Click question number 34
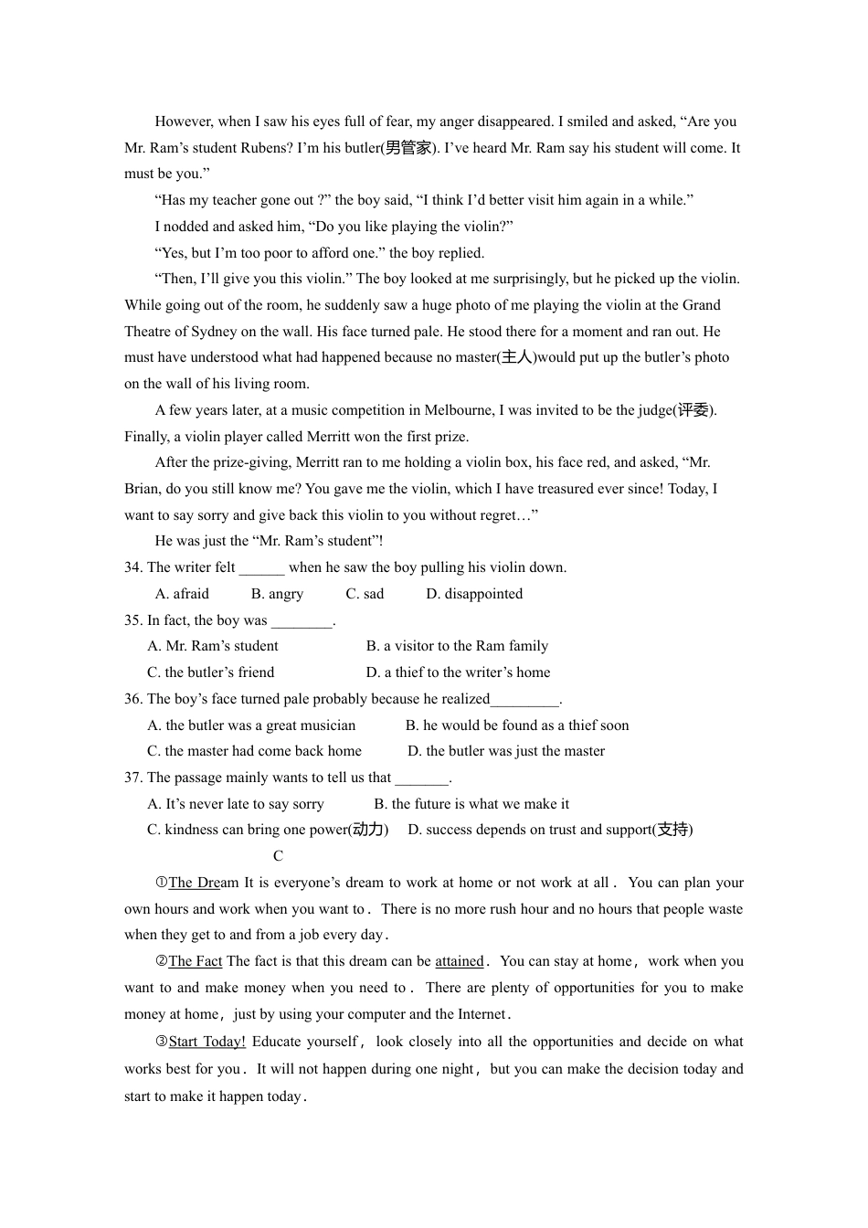tap(133, 567)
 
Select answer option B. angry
tap(277, 594)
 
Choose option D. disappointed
tap(474, 594)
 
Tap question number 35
tap(133, 620)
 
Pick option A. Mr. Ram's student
tap(213, 646)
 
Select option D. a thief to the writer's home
tap(458, 672)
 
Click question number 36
tap(133, 699)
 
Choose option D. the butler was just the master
tap(506, 751)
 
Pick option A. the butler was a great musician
tap(251, 725)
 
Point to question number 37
tap(133, 778)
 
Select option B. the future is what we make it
tap(471, 804)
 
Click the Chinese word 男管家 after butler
tap(407, 148)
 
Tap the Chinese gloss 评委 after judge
tap(693, 410)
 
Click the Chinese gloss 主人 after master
tap(516, 357)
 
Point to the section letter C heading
tap(278, 856)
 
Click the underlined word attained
tap(459, 961)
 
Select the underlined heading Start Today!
tap(206, 1042)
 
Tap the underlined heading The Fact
tap(195, 961)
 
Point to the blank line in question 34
tap(261, 567)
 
